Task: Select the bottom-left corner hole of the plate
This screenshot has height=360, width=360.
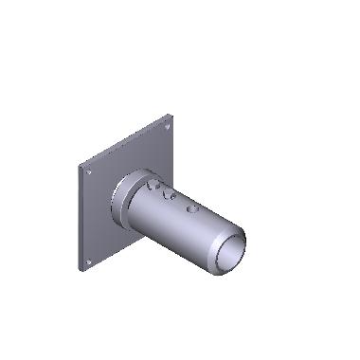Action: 88,261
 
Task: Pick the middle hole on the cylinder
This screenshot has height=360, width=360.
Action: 171,196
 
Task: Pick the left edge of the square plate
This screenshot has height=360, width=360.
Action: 80,218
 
